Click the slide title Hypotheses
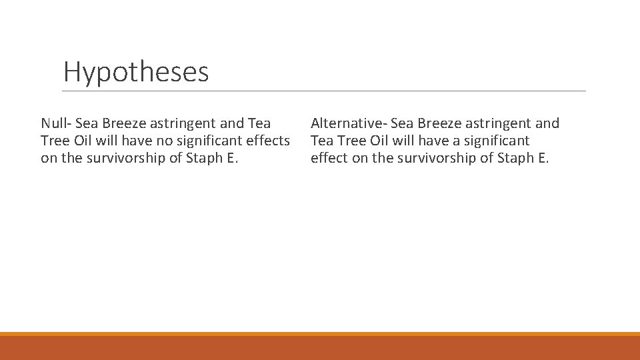(x=136, y=72)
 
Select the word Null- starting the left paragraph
(x=56, y=123)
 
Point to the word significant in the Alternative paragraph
(x=496, y=141)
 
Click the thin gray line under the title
(x=324, y=91)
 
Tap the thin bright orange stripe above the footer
(x=320, y=334)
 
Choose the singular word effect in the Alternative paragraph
(x=329, y=158)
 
